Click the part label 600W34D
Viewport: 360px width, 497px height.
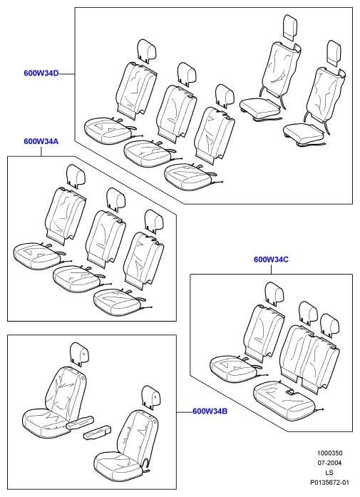(x=41, y=73)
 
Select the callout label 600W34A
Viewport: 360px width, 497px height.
(x=41, y=141)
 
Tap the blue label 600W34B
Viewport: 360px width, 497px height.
(x=210, y=411)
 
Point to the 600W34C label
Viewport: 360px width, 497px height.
(x=272, y=260)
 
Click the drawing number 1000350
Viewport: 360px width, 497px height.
(x=330, y=454)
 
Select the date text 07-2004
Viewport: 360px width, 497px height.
(x=330, y=463)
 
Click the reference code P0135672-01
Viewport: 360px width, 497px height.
(x=330, y=483)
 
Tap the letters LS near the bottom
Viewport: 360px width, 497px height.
(x=329, y=473)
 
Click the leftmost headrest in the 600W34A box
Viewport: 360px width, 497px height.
(x=76, y=174)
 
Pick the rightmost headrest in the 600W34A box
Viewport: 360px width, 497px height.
(x=154, y=220)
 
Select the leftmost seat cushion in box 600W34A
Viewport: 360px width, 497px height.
(x=37, y=255)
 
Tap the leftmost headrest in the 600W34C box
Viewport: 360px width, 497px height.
(x=275, y=294)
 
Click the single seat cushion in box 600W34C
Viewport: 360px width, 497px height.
(x=233, y=369)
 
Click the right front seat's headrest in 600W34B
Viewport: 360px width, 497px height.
(x=151, y=396)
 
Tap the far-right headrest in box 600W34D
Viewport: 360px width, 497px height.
(x=334, y=53)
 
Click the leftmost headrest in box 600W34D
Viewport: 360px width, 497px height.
(x=148, y=50)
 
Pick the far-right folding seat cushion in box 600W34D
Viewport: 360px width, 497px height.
(x=303, y=133)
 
